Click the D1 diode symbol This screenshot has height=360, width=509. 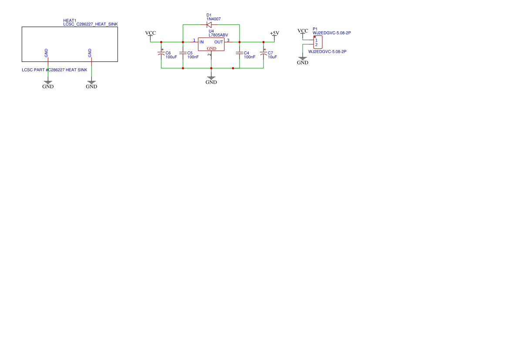[209, 25]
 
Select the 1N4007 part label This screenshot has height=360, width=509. [214, 19]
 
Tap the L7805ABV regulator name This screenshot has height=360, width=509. [218, 35]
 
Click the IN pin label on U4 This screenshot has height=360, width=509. [202, 42]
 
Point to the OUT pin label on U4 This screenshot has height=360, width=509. [219, 42]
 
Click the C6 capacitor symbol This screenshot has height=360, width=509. [161, 54]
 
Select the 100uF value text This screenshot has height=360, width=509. [172, 57]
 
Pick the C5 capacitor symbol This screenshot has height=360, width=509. [183, 53]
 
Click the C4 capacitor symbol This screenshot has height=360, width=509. [239, 53]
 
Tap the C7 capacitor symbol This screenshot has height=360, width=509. [263, 54]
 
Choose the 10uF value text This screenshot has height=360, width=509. [273, 57]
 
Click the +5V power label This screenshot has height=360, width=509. [274, 33]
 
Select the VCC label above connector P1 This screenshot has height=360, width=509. [303, 31]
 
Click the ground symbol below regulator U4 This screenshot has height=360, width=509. [211, 78]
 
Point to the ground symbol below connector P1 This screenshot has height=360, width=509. [303, 59]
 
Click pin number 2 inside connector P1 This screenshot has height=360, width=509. [317, 45]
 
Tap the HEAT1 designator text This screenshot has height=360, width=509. [70, 21]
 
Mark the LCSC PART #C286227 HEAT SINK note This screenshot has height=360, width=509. [54, 70]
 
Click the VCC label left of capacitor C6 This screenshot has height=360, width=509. [150, 33]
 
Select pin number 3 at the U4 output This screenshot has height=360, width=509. [228, 40]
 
